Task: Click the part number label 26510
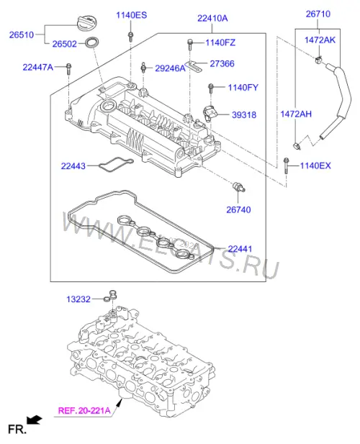(22, 35)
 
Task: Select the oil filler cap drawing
(88, 24)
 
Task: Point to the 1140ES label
(132, 15)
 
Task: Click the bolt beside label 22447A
(68, 68)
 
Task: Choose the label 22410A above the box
(212, 19)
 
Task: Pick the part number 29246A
(170, 68)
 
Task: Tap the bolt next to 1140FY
(210, 89)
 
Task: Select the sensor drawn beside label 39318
(210, 113)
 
